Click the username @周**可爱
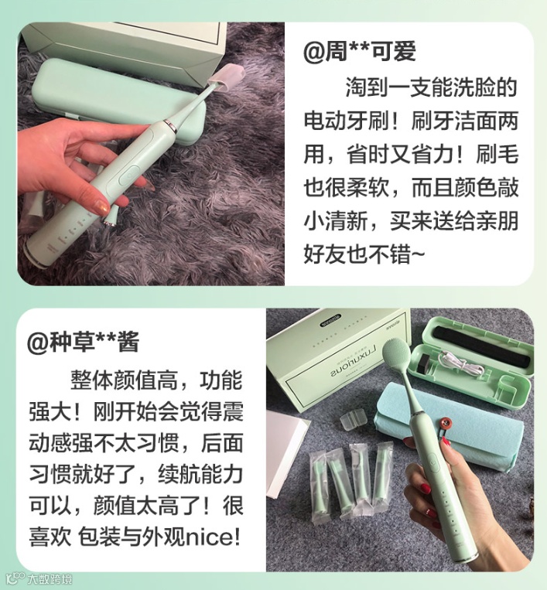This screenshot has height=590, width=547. (359, 52)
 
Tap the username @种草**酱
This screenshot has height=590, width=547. (84, 341)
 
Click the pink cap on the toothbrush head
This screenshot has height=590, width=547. (227, 78)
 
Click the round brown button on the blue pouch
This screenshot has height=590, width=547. (446, 424)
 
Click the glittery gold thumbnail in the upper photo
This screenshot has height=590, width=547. (101, 206)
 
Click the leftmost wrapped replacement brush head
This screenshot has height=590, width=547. (320, 481)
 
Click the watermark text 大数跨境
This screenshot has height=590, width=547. (49, 578)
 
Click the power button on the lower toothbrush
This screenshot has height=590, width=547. (433, 464)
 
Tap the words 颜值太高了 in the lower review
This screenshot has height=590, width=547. (147, 506)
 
